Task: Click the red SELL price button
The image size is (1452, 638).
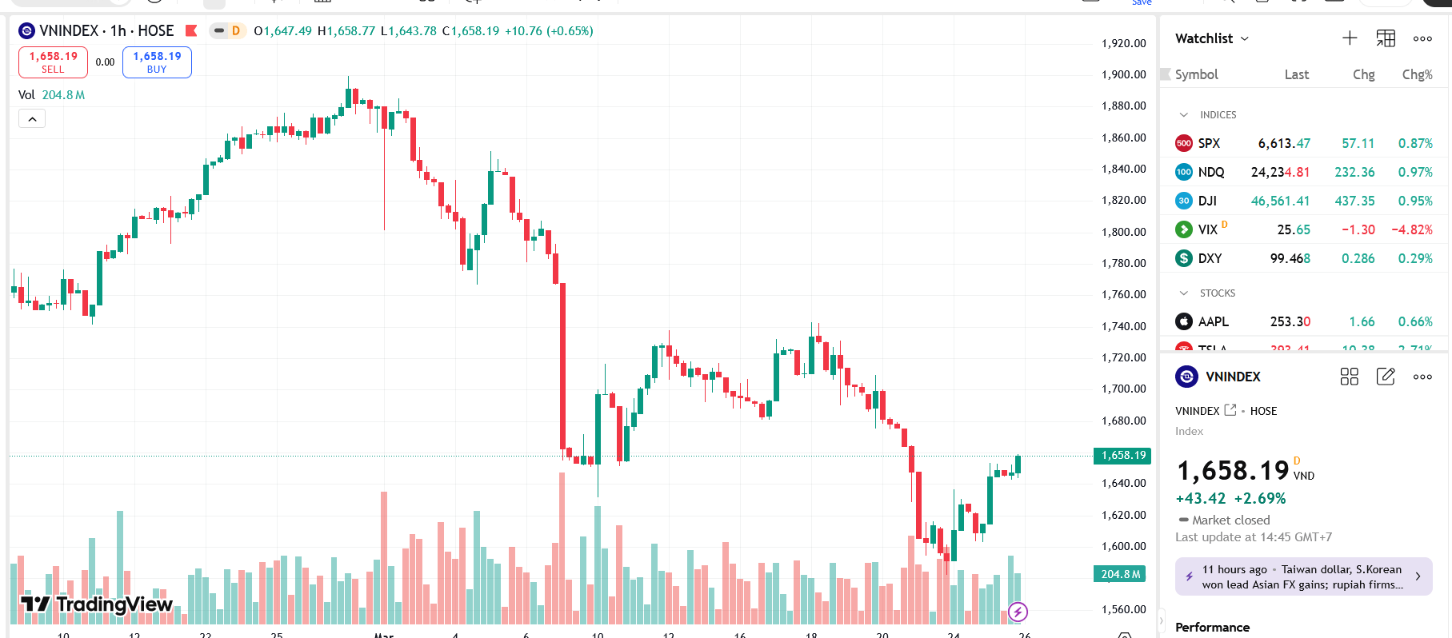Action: point(53,62)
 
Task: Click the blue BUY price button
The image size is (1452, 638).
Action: point(157,62)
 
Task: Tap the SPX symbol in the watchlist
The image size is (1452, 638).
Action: point(1208,144)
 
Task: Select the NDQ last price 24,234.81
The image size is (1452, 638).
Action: point(1280,173)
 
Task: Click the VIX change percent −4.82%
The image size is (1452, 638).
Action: point(1411,230)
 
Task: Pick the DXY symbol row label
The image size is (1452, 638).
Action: point(1210,259)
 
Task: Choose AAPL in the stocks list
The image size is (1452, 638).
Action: point(1213,322)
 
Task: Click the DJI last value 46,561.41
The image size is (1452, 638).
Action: point(1280,201)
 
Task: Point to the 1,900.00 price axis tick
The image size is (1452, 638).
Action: point(1123,74)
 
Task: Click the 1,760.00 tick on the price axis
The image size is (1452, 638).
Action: point(1123,294)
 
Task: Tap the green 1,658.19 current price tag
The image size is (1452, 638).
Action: point(1122,456)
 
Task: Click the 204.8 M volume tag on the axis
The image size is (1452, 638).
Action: point(1120,574)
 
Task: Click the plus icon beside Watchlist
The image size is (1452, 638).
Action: point(1350,38)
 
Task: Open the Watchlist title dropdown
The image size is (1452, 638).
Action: point(1211,38)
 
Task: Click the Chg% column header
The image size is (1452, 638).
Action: point(1417,74)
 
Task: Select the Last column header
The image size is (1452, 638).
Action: point(1296,74)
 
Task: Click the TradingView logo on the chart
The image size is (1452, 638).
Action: point(97,604)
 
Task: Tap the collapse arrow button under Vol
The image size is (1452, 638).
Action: point(32,119)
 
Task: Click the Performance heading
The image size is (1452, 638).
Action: point(1212,628)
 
